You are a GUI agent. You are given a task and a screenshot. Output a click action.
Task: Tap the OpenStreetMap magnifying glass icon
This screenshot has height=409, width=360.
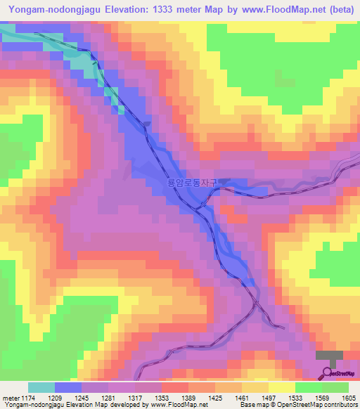click(x=328, y=373)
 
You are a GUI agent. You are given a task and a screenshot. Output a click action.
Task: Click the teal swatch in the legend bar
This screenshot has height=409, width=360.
click(x=41, y=387)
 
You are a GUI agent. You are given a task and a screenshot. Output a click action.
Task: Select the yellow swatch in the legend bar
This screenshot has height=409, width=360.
click(x=282, y=387)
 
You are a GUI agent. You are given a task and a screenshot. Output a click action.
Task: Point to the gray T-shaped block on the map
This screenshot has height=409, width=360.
click(x=330, y=358)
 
